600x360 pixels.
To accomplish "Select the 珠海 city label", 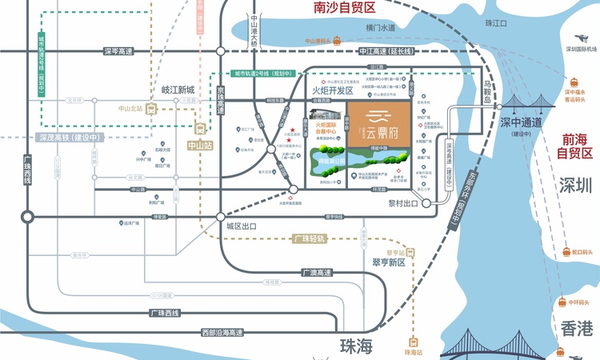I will point(357,346).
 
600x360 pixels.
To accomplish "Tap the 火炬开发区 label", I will point(332,92).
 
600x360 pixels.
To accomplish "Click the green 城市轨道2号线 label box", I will point(259,73).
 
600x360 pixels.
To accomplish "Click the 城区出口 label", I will point(240,227).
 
